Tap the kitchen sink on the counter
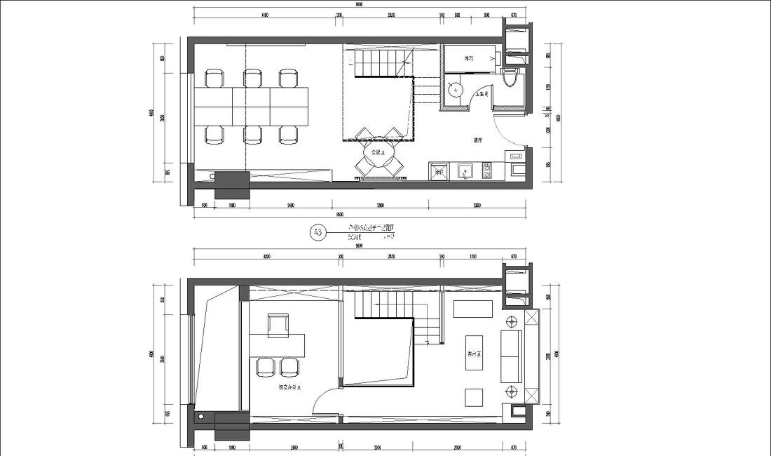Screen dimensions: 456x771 [464, 171]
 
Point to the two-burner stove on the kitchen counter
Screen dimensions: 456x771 [486, 170]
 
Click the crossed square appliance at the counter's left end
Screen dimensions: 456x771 [439, 172]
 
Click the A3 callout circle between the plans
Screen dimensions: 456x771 [318, 232]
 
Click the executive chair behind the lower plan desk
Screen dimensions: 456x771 [278, 324]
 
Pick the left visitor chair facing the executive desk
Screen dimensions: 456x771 [266, 366]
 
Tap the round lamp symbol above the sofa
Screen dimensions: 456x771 [512, 321]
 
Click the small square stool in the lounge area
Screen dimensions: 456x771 [474, 396]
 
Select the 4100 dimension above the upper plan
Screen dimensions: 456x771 [265, 14]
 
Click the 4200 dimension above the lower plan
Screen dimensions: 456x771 [266, 257]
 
